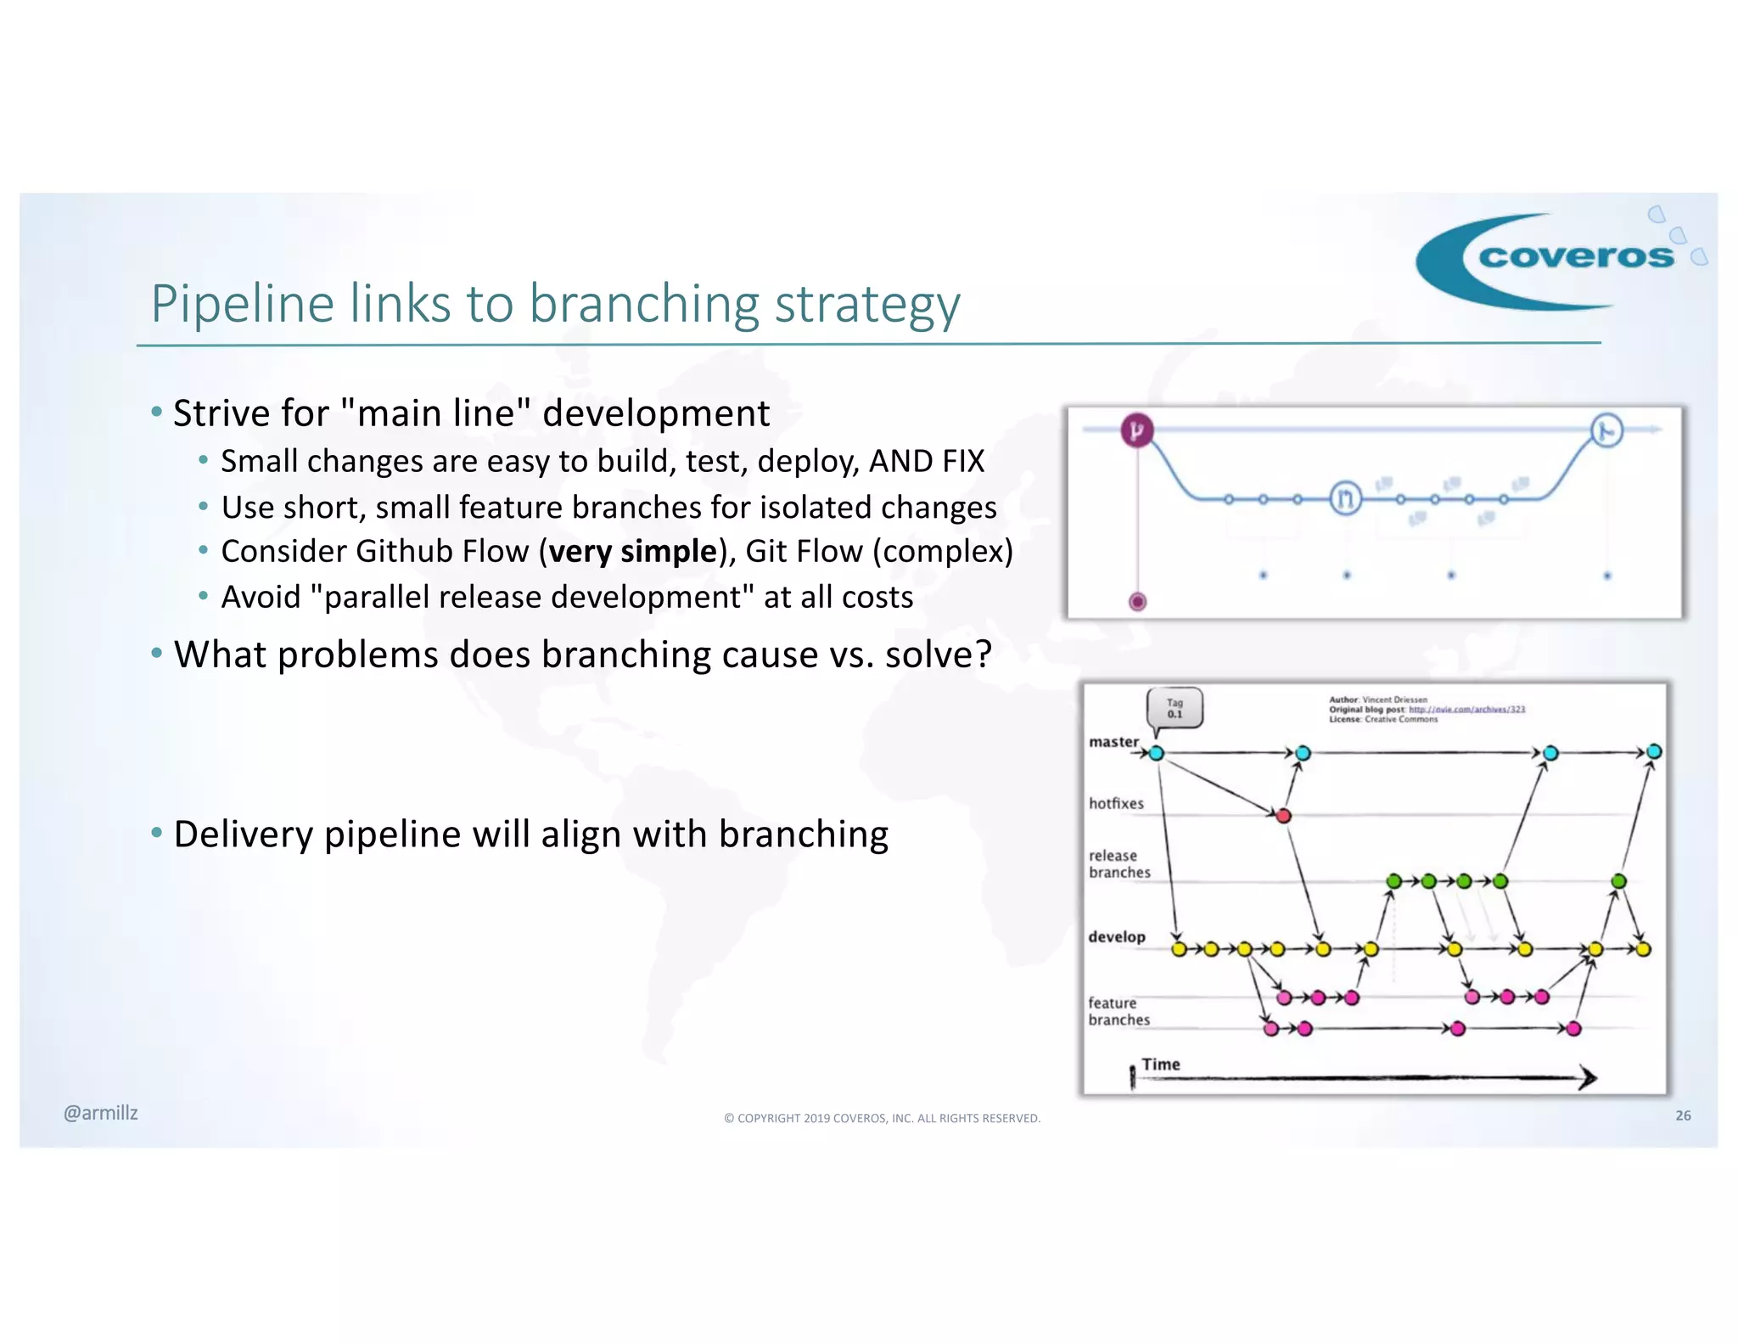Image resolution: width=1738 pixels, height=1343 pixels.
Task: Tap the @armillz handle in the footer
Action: click(100, 1113)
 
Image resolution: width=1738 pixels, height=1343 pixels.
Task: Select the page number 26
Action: click(1683, 1115)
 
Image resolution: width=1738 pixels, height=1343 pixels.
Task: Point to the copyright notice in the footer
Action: click(882, 1118)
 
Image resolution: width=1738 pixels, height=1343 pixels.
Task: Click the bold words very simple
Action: click(632, 552)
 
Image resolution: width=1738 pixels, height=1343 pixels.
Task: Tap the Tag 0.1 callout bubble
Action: click(1175, 709)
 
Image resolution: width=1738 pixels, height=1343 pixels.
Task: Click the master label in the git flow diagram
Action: click(1113, 742)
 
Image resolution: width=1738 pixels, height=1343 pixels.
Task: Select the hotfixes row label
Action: click(1116, 803)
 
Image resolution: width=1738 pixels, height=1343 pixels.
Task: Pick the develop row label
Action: click(1117, 936)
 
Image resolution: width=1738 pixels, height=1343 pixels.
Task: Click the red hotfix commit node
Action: click(1283, 816)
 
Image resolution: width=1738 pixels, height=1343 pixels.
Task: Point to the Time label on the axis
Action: click(1160, 1064)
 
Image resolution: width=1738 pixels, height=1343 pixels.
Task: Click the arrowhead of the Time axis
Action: click(1588, 1077)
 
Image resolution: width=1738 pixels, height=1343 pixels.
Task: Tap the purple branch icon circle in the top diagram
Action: click(1137, 430)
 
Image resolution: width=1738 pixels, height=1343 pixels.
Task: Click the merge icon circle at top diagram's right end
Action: click(1606, 431)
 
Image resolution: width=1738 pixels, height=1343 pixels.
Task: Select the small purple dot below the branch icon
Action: click(1137, 602)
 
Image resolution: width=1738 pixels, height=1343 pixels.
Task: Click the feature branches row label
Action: click(1118, 1011)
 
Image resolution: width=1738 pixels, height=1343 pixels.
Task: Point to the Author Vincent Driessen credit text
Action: click(1378, 700)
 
